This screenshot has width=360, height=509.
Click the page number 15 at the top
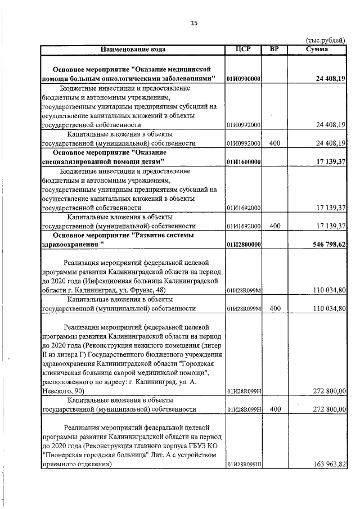click(194, 23)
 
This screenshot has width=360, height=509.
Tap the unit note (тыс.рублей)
click(326, 40)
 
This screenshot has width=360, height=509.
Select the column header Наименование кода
click(133, 49)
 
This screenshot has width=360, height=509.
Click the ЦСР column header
click(242, 49)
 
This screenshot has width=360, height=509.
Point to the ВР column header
click(274, 49)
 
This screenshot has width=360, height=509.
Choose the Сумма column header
click(317, 49)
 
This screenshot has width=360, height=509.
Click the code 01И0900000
click(242, 79)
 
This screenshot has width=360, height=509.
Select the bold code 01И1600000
click(242, 162)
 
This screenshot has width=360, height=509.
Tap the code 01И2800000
click(242, 245)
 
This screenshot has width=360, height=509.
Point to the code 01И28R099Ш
click(244, 465)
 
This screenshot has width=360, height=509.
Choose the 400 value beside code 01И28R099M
click(274, 309)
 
